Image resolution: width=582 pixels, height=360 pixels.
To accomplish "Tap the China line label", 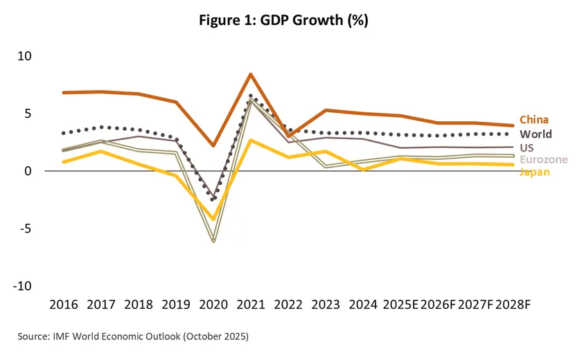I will (534, 120).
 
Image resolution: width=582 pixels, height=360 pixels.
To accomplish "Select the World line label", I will (536, 134).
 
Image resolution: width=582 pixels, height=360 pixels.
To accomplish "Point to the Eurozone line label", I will (544, 160).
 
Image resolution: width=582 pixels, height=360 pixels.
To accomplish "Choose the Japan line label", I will (534, 171).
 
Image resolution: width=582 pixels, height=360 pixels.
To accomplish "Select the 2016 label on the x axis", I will (63, 305).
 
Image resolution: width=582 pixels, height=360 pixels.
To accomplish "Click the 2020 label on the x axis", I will (213, 305).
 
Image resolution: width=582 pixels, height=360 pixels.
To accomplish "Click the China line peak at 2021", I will (250, 74).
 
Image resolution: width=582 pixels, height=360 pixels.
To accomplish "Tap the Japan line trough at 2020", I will (213, 219).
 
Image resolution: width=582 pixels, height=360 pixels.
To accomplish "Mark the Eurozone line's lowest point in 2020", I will (213, 241).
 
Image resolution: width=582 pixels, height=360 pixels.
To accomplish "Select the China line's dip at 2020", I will (213, 145).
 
